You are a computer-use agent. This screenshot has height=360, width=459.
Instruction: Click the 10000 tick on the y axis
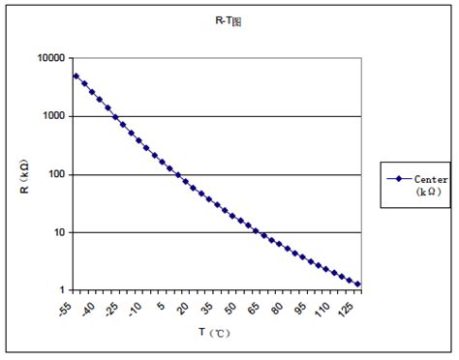tap(50, 58)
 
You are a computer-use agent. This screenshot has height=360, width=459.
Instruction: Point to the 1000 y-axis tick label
tap(53, 116)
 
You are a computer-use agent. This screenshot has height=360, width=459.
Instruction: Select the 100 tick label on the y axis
tap(56, 175)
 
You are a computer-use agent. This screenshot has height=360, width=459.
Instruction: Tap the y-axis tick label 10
tap(59, 233)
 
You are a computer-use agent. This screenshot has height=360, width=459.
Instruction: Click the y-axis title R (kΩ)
tap(25, 174)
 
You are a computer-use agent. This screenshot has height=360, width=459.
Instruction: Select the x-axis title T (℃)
tap(214, 332)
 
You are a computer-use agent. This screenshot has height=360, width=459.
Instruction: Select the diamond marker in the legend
tap(398, 179)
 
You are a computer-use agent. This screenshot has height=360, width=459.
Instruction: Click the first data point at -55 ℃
tap(76, 75)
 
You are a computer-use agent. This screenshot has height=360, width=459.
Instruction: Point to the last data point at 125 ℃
tap(358, 285)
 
